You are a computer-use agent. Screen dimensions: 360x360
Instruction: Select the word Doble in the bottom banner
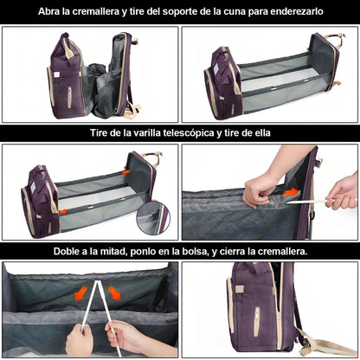(71, 251)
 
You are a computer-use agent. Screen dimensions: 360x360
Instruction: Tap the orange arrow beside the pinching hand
(292, 192)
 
